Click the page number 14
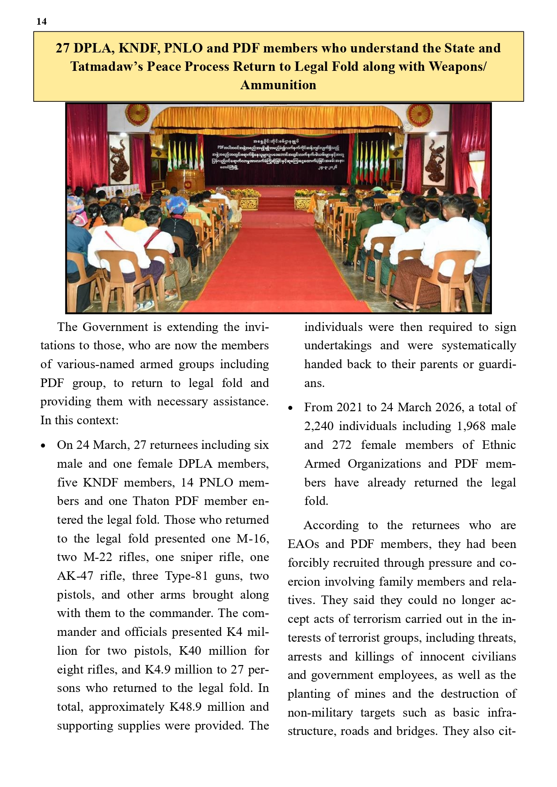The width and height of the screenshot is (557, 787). [x=41, y=22]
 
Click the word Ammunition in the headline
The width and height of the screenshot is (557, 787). [x=278, y=85]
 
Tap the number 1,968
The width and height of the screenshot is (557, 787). [x=471, y=426]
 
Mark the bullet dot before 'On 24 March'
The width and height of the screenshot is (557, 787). [x=43, y=446]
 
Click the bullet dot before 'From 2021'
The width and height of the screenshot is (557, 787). [x=290, y=408]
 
